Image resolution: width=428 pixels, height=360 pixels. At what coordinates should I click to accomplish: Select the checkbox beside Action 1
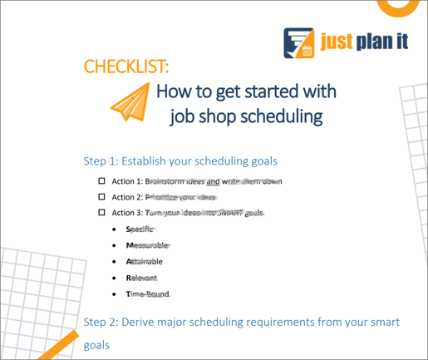tap(102, 180)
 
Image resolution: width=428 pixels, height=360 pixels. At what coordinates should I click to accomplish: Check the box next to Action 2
tap(102, 197)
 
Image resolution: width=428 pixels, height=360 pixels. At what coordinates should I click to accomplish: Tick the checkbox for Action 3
tap(102, 213)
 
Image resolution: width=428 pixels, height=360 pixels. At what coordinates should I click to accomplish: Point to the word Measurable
tap(146, 245)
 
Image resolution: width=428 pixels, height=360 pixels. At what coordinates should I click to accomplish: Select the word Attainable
tap(145, 261)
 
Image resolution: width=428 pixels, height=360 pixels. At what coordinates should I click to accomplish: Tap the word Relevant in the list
tap(141, 278)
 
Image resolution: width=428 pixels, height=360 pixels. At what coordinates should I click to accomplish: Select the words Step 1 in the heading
tap(101, 160)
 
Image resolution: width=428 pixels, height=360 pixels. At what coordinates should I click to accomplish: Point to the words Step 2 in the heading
tap(101, 322)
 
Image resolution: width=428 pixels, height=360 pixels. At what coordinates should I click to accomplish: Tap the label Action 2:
tap(127, 197)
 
